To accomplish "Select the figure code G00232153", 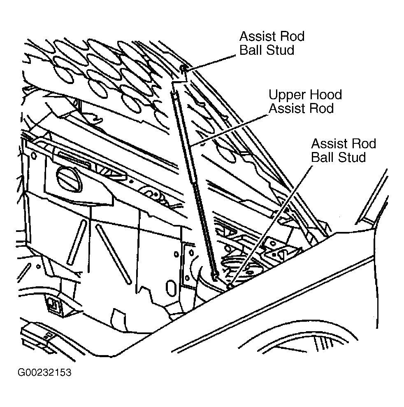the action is (x=44, y=372).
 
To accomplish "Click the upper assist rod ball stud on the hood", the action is (x=183, y=68).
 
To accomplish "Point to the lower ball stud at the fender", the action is (x=230, y=285).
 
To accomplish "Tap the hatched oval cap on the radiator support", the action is (x=69, y=179).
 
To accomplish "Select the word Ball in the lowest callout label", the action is (x=321, y=157).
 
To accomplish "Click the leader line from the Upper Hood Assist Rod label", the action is (x=229, y=130).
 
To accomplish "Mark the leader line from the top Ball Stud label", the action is (x=210, y=62).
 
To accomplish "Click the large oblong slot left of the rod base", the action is (x=170, y=288).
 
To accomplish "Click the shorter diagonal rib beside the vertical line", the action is (x=77, y=242).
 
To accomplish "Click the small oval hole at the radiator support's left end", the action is (x=34, y=156).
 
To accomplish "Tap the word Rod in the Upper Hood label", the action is (x=323, y=108).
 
